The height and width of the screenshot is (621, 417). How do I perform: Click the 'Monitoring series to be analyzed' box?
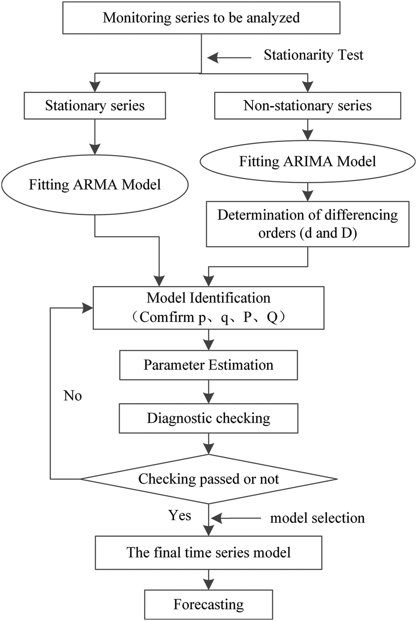coord(201,18)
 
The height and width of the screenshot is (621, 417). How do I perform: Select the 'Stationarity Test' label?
coord(313,55)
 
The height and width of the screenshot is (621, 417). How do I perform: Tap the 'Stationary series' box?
coord(95,106)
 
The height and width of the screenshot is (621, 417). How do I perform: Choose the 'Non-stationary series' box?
coord(307,106)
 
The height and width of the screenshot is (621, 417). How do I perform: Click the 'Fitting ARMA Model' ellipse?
coord(95,185)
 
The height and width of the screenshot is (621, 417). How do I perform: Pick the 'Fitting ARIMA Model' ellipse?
coord(307,161)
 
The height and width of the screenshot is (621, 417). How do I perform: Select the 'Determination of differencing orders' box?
coord(307,224)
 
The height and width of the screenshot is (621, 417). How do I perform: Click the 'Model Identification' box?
coord(208,307)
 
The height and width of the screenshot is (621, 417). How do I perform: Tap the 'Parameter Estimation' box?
coord(208,365)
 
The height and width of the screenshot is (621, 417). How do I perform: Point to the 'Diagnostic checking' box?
coord(208,418)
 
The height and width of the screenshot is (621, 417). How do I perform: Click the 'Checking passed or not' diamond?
coord(208,478)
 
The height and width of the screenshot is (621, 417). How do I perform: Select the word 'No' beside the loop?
coord(73,396)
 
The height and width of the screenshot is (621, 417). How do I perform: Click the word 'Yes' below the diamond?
coord(179,515)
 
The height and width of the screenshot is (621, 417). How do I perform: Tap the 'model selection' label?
coord(317,518)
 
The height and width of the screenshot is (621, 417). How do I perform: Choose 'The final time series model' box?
coord(208,552)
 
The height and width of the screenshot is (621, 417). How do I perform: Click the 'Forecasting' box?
coord(208,604)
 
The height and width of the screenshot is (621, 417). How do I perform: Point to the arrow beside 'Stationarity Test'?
coord(229,58)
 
